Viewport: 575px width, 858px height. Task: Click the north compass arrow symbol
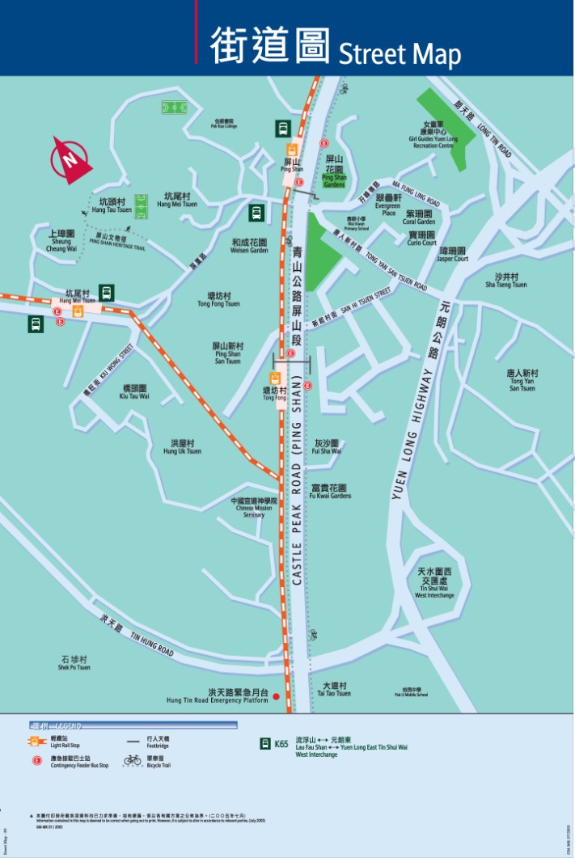point(70,157)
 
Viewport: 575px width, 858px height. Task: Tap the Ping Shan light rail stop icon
point(291,150)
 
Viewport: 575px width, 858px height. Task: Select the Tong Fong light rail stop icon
point(275,378)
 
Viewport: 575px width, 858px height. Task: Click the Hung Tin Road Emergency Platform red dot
point(276,696)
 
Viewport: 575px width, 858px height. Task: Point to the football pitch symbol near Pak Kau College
point(173,107)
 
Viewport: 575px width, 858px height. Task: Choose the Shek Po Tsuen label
point(74,663)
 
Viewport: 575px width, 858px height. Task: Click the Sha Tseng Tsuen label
point(506,280)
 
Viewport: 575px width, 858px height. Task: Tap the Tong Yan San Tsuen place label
point(522,380)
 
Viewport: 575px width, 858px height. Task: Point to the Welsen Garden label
point(249,246)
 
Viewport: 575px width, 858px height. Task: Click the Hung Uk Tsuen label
point(182,447)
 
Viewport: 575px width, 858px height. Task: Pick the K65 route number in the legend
point(281,743)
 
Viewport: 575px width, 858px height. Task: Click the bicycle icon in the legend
point(133,760)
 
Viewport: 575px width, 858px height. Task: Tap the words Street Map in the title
point(400,53)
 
